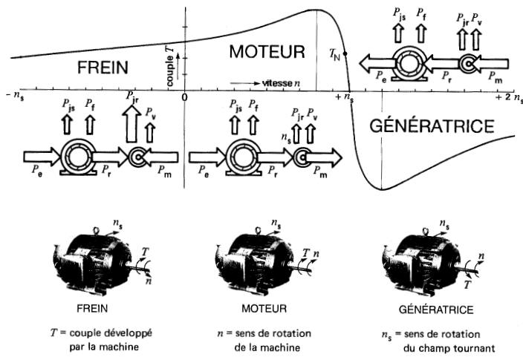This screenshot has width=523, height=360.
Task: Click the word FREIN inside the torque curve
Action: tap(103, 68)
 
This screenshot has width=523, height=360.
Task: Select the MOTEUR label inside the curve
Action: tap(267, 52)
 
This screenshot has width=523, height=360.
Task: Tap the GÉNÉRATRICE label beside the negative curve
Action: tap(432, 125)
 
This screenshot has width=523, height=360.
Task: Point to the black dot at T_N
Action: tap(345, 53)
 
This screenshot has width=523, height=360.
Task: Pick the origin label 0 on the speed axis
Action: tap(184, 97)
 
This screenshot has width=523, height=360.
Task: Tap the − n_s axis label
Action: tap(15, 96)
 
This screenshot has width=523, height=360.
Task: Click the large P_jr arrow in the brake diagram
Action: tap(131, 124)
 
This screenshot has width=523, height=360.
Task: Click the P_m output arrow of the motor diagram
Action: tap(324, 157)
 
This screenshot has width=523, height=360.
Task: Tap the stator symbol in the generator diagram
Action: tap(409, 64)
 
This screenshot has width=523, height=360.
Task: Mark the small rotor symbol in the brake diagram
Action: tap(137, 157)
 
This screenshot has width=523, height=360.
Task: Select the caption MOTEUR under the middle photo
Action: tap(264, 308)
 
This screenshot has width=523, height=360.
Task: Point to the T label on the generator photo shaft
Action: tap(468, 284)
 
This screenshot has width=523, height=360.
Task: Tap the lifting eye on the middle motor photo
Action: tap(258, 231)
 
